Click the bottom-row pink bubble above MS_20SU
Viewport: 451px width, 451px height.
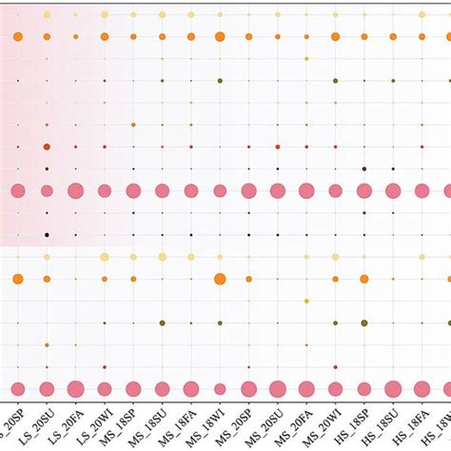278,388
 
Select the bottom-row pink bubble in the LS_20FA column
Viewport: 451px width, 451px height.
75,388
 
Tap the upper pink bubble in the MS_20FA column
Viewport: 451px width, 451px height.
306,190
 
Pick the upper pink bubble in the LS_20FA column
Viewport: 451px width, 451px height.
75,190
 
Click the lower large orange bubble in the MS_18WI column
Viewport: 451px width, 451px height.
220,279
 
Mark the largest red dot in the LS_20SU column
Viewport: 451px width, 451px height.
47,147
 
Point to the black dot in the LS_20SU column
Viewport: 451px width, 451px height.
47,234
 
